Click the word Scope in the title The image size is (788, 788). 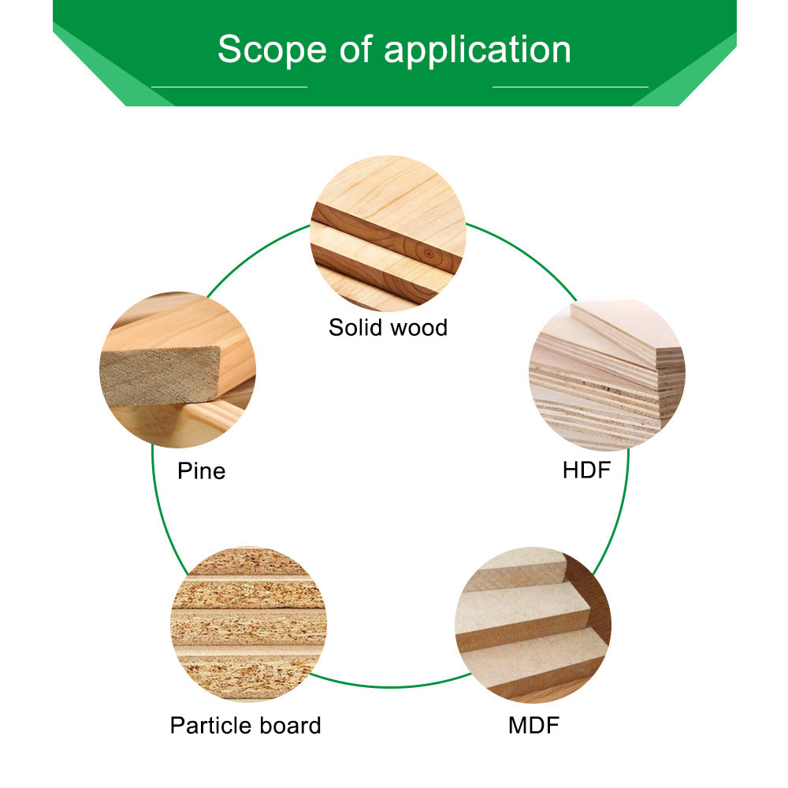[273, 50]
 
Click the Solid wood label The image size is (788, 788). [388, 327]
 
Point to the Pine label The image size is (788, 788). [201, 471]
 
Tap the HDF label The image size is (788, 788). [586, 470]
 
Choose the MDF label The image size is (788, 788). [533, 725]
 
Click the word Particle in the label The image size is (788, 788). [212, 725]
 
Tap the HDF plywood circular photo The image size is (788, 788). [607, 374]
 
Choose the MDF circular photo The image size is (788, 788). [533, 624]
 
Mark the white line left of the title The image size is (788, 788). [229, 87]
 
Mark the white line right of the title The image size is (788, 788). [570, 87]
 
